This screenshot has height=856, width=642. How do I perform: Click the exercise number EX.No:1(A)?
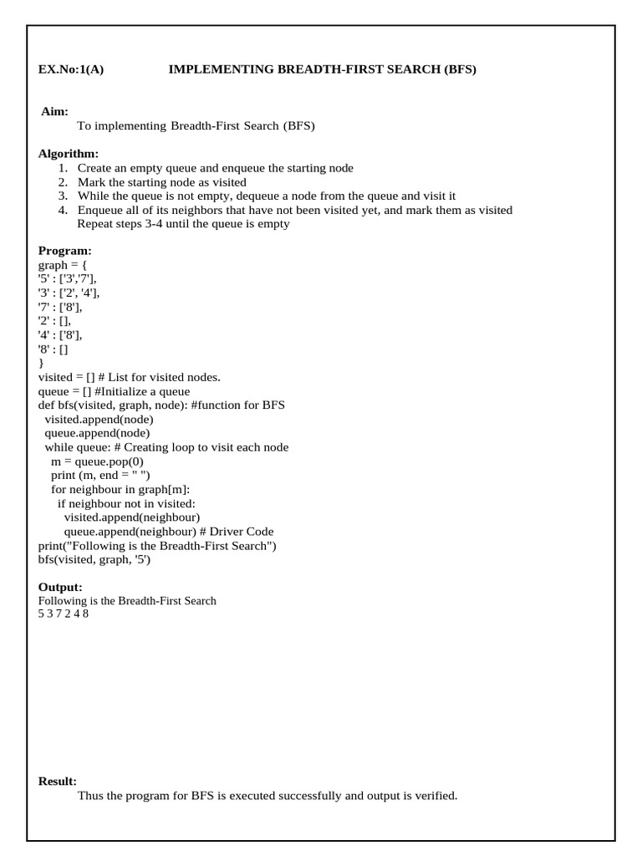tap(71, 69)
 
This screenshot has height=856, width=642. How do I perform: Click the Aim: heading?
tap(55, 111)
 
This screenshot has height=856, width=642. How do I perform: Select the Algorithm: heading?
tap(69, 154)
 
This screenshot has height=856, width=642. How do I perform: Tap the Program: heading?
tap(65, 251)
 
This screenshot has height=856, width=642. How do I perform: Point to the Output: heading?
tap(60, 588)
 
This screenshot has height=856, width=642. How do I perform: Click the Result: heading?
tap(58, 781)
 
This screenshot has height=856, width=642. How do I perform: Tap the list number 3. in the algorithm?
tap(63, 196)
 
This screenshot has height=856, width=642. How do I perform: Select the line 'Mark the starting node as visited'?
tap(162, 182)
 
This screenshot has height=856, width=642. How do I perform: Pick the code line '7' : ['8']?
tap(60, 307)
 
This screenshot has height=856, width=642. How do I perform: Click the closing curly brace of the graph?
tap(42, 363)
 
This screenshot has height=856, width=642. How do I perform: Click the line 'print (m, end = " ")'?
tap(100, 476)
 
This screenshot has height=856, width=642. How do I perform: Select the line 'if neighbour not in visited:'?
tap(125, 503)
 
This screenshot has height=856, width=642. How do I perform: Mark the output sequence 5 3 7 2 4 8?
tap(64, 614)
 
